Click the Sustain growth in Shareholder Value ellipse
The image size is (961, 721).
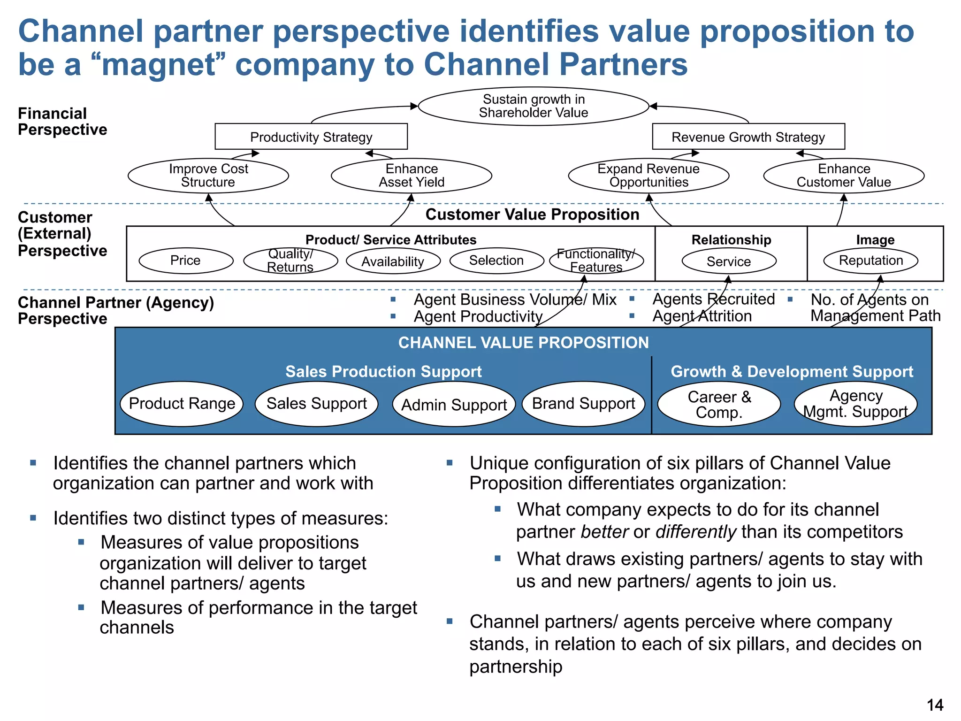click(533, 106)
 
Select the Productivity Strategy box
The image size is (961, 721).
click(311, 137)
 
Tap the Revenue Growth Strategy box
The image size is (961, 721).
click(748, 137)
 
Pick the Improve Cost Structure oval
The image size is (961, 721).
click(208, 176)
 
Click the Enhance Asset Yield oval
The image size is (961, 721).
click(412, 176)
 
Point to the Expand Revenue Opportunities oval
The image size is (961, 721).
click(648, 176)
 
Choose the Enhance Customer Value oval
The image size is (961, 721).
click(844, 176)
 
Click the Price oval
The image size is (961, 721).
click(186, 261)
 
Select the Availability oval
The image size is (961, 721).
click(393, 261)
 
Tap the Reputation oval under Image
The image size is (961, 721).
click(871, 261)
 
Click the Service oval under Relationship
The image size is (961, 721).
click(729, 261)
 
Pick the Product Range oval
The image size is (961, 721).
click(182, 404)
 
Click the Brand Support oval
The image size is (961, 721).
click(583, 404)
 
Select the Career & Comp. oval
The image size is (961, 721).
click(719, 404)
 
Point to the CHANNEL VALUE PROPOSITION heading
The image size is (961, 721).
click(523, 343)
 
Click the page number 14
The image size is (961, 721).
click(935, 705)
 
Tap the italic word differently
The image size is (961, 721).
click(696, 532)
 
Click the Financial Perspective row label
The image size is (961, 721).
click(62, 122)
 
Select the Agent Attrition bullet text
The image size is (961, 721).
click(702, 316)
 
